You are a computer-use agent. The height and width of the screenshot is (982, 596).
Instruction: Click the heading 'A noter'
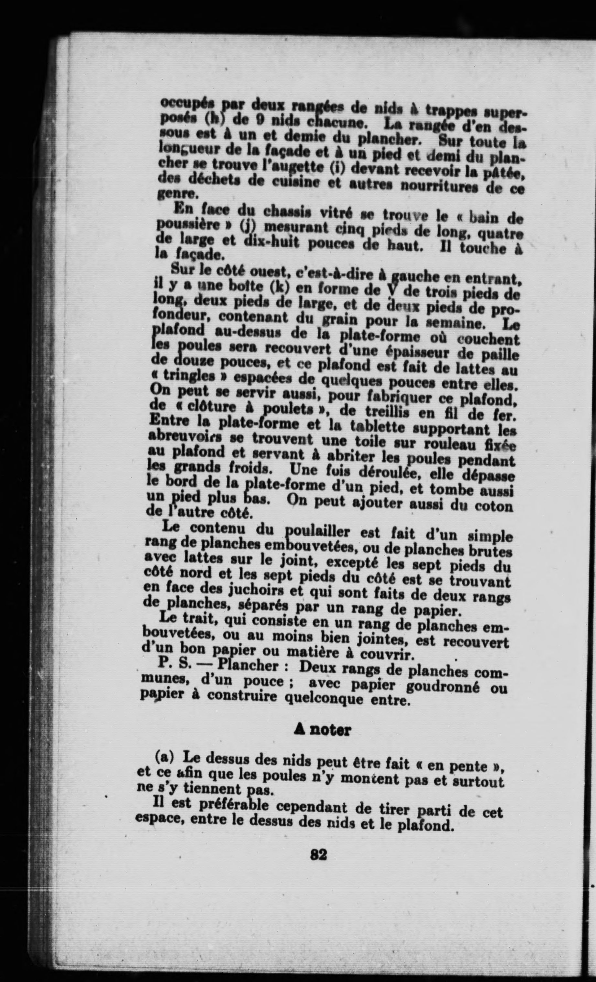pos(322,730)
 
